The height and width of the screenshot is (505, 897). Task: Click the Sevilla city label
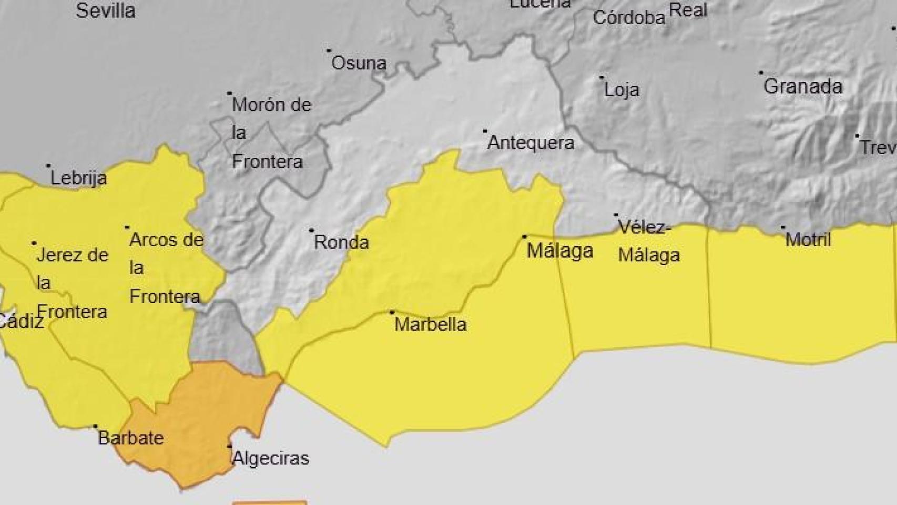(x=105, y=11)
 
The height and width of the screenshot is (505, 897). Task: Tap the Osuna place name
(x=359, y=63)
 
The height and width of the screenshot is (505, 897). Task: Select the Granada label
(x=802, y=86)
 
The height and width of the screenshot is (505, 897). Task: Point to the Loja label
(x=621, y=90)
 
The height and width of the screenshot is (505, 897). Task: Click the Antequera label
(x=531, y=143)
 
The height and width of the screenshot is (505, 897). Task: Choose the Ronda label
(x=341, y=242)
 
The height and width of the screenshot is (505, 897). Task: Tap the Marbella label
(x=430, y=324)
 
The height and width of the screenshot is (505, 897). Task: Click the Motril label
(x=808, y=240)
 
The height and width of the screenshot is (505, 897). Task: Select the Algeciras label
(x=270, y=458)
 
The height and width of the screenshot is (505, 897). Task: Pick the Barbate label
(x=130, y=438)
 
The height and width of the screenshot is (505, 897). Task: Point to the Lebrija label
(x=78, y=178)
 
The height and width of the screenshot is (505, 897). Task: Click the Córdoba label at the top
(x=629, y=18)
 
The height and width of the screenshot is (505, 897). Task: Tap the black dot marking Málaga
(x=524, y=237)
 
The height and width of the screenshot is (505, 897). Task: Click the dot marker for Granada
(x=761, y=73)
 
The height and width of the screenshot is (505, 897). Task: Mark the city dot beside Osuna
(x=329, y=50)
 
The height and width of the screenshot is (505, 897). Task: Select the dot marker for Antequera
(x=485, y=130)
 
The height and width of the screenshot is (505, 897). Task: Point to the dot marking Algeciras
(x=229, y=447)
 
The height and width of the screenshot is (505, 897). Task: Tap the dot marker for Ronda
(x=311, y=230)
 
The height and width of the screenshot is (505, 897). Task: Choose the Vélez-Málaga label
(x=648, y=241)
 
